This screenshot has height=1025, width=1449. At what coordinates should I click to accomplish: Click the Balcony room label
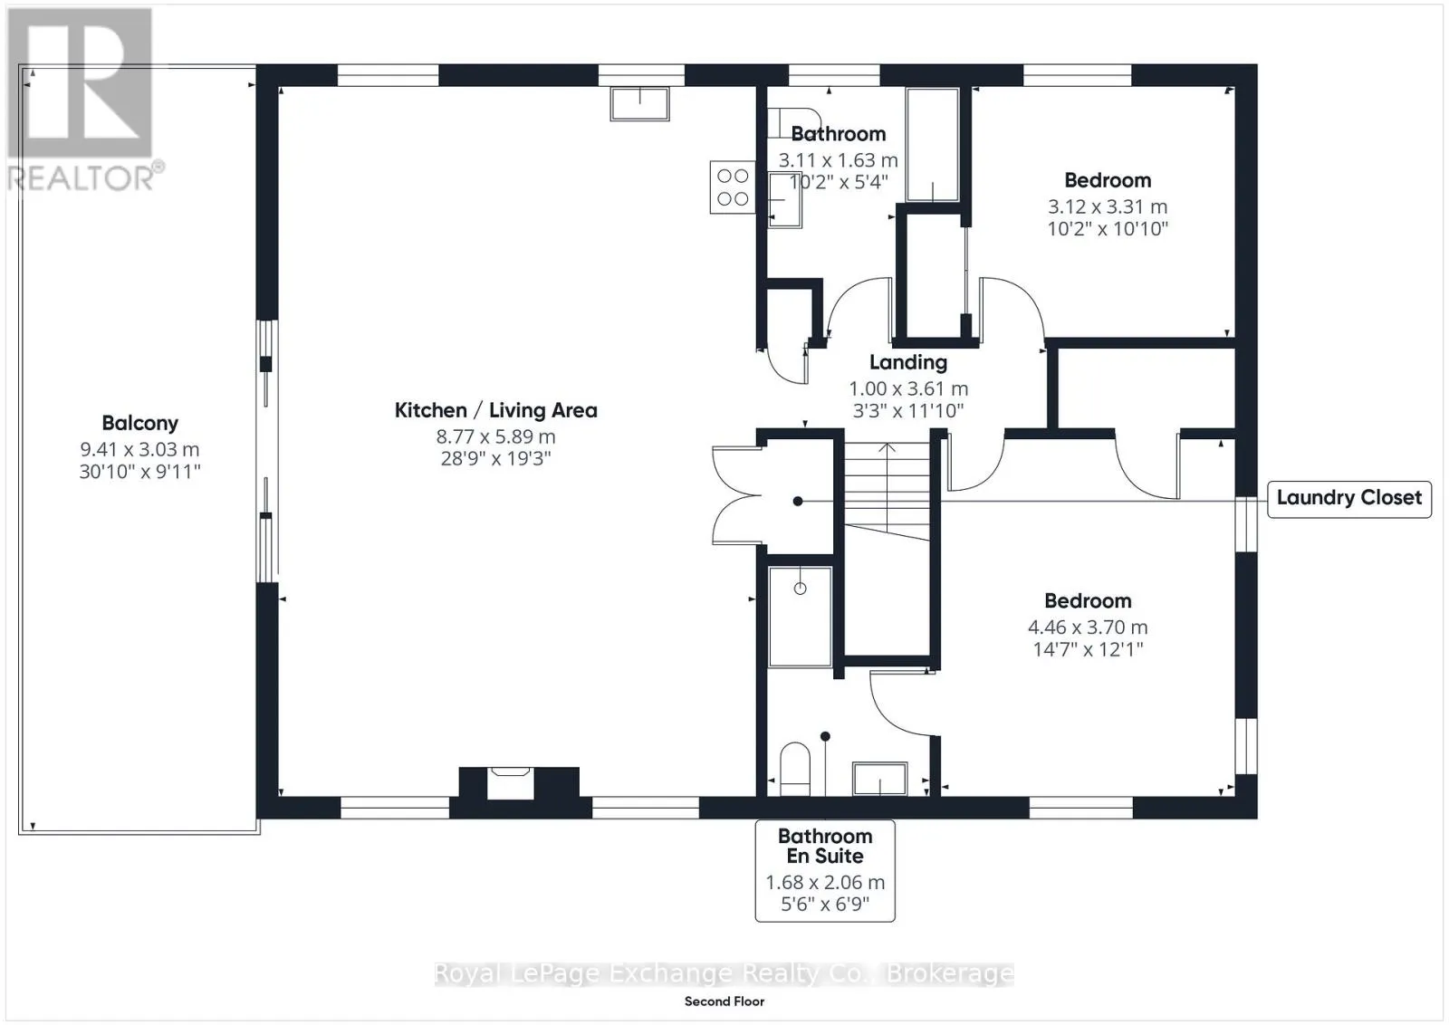[139, 423]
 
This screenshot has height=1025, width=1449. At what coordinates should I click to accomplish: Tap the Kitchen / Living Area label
[495, 410]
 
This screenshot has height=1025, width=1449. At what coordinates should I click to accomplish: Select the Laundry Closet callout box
[1348, 498]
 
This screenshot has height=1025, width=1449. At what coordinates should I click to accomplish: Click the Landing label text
[908, 363]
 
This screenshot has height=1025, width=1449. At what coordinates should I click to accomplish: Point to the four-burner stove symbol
[733, 187]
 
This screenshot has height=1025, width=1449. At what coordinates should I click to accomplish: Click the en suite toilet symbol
[795, 769]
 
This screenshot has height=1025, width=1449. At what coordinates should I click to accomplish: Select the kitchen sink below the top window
[639, 104]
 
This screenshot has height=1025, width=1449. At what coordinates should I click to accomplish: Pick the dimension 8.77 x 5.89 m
[495, 436]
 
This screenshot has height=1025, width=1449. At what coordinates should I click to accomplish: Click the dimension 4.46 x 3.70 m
[1088, 627]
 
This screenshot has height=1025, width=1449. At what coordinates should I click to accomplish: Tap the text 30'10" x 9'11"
[139, 472]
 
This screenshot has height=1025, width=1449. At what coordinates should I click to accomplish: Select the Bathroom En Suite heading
[825, 846]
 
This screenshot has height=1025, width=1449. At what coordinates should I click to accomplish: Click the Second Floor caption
[724, 1001]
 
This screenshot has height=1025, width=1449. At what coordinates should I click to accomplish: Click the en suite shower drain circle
[801, 589]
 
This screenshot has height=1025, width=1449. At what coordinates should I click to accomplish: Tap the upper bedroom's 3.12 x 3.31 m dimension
[1108, 207]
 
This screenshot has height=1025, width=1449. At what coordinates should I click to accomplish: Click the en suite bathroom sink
[879, 779]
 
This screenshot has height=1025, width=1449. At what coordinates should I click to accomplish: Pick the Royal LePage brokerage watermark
[724, 973]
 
